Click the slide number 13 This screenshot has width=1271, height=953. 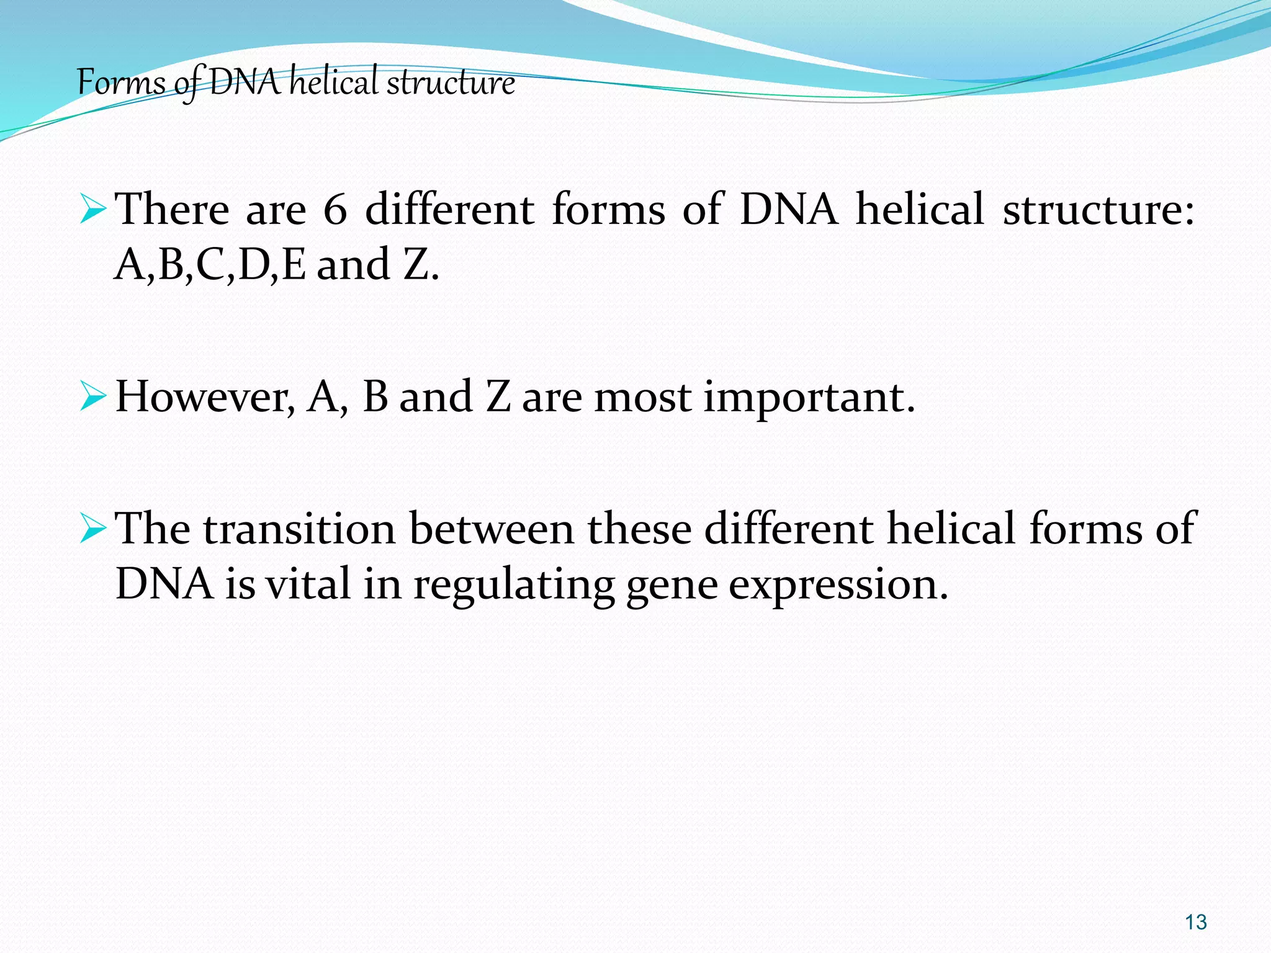click(1195, 922)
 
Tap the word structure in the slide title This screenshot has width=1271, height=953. click(451, 83)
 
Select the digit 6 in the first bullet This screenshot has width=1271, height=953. click(335, 210)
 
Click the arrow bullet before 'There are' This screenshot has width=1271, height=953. click(94, 209)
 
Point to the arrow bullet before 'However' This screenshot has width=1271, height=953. click(94, 397)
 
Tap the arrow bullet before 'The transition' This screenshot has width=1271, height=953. click(94, 529)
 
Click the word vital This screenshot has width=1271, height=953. click(308, 584)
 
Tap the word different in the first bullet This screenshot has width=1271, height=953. click(449, 210)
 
